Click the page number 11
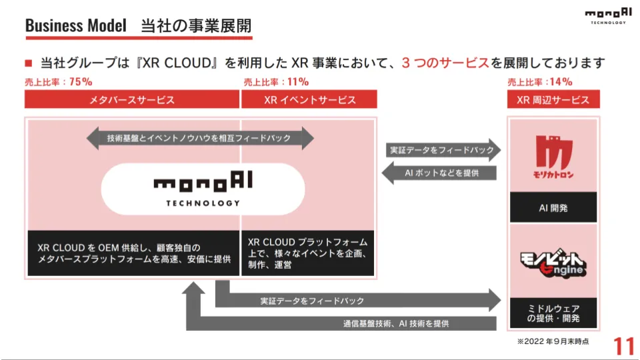coord(624,346)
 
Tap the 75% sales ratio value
coord(80,82)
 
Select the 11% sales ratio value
coord(297,82)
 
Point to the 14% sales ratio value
coord(561,82)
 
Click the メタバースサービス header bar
coord(132,100)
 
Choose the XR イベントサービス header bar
coord(309,100)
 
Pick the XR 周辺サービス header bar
coord(553,100)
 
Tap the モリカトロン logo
coord(553,157)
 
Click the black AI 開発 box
coord(553,208)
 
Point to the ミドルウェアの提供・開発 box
coord(553,313)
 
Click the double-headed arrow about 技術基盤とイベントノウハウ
coord(199,138)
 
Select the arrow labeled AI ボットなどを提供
coord(441,173)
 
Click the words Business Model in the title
coord(75,26)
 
